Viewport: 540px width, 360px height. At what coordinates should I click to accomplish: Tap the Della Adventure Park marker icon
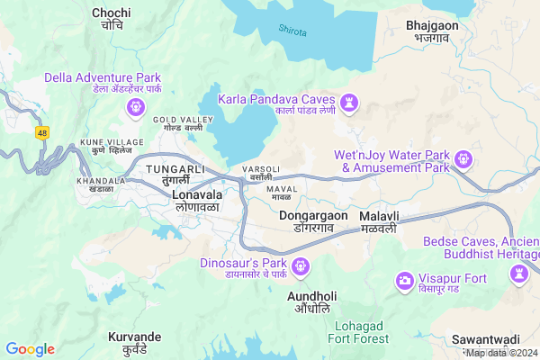coord(136,107)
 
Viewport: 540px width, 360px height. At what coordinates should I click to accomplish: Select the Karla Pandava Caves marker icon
coord(350,106)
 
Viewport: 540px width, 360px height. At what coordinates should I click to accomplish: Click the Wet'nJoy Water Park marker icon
coord(463,160)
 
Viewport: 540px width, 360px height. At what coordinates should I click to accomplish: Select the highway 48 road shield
coord(42,132)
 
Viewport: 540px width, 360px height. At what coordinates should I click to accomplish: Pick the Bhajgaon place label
coord(426,31)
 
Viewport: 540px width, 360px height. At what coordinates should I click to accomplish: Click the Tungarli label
coord(176,175)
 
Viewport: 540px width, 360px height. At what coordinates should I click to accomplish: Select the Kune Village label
coord(112,148)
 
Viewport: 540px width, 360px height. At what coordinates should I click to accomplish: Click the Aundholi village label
coord(312,301)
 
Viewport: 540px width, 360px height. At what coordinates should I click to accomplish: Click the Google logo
coord(30,349)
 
